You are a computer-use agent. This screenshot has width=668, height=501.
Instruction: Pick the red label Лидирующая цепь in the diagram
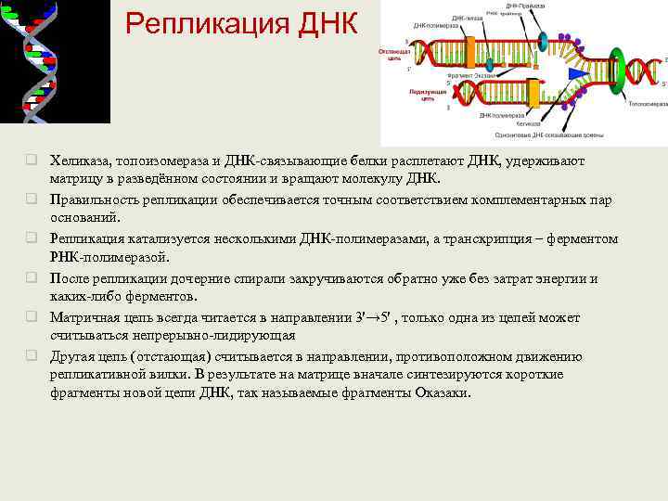(422, 95)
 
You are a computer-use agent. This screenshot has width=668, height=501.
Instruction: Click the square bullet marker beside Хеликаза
(32, 160)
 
